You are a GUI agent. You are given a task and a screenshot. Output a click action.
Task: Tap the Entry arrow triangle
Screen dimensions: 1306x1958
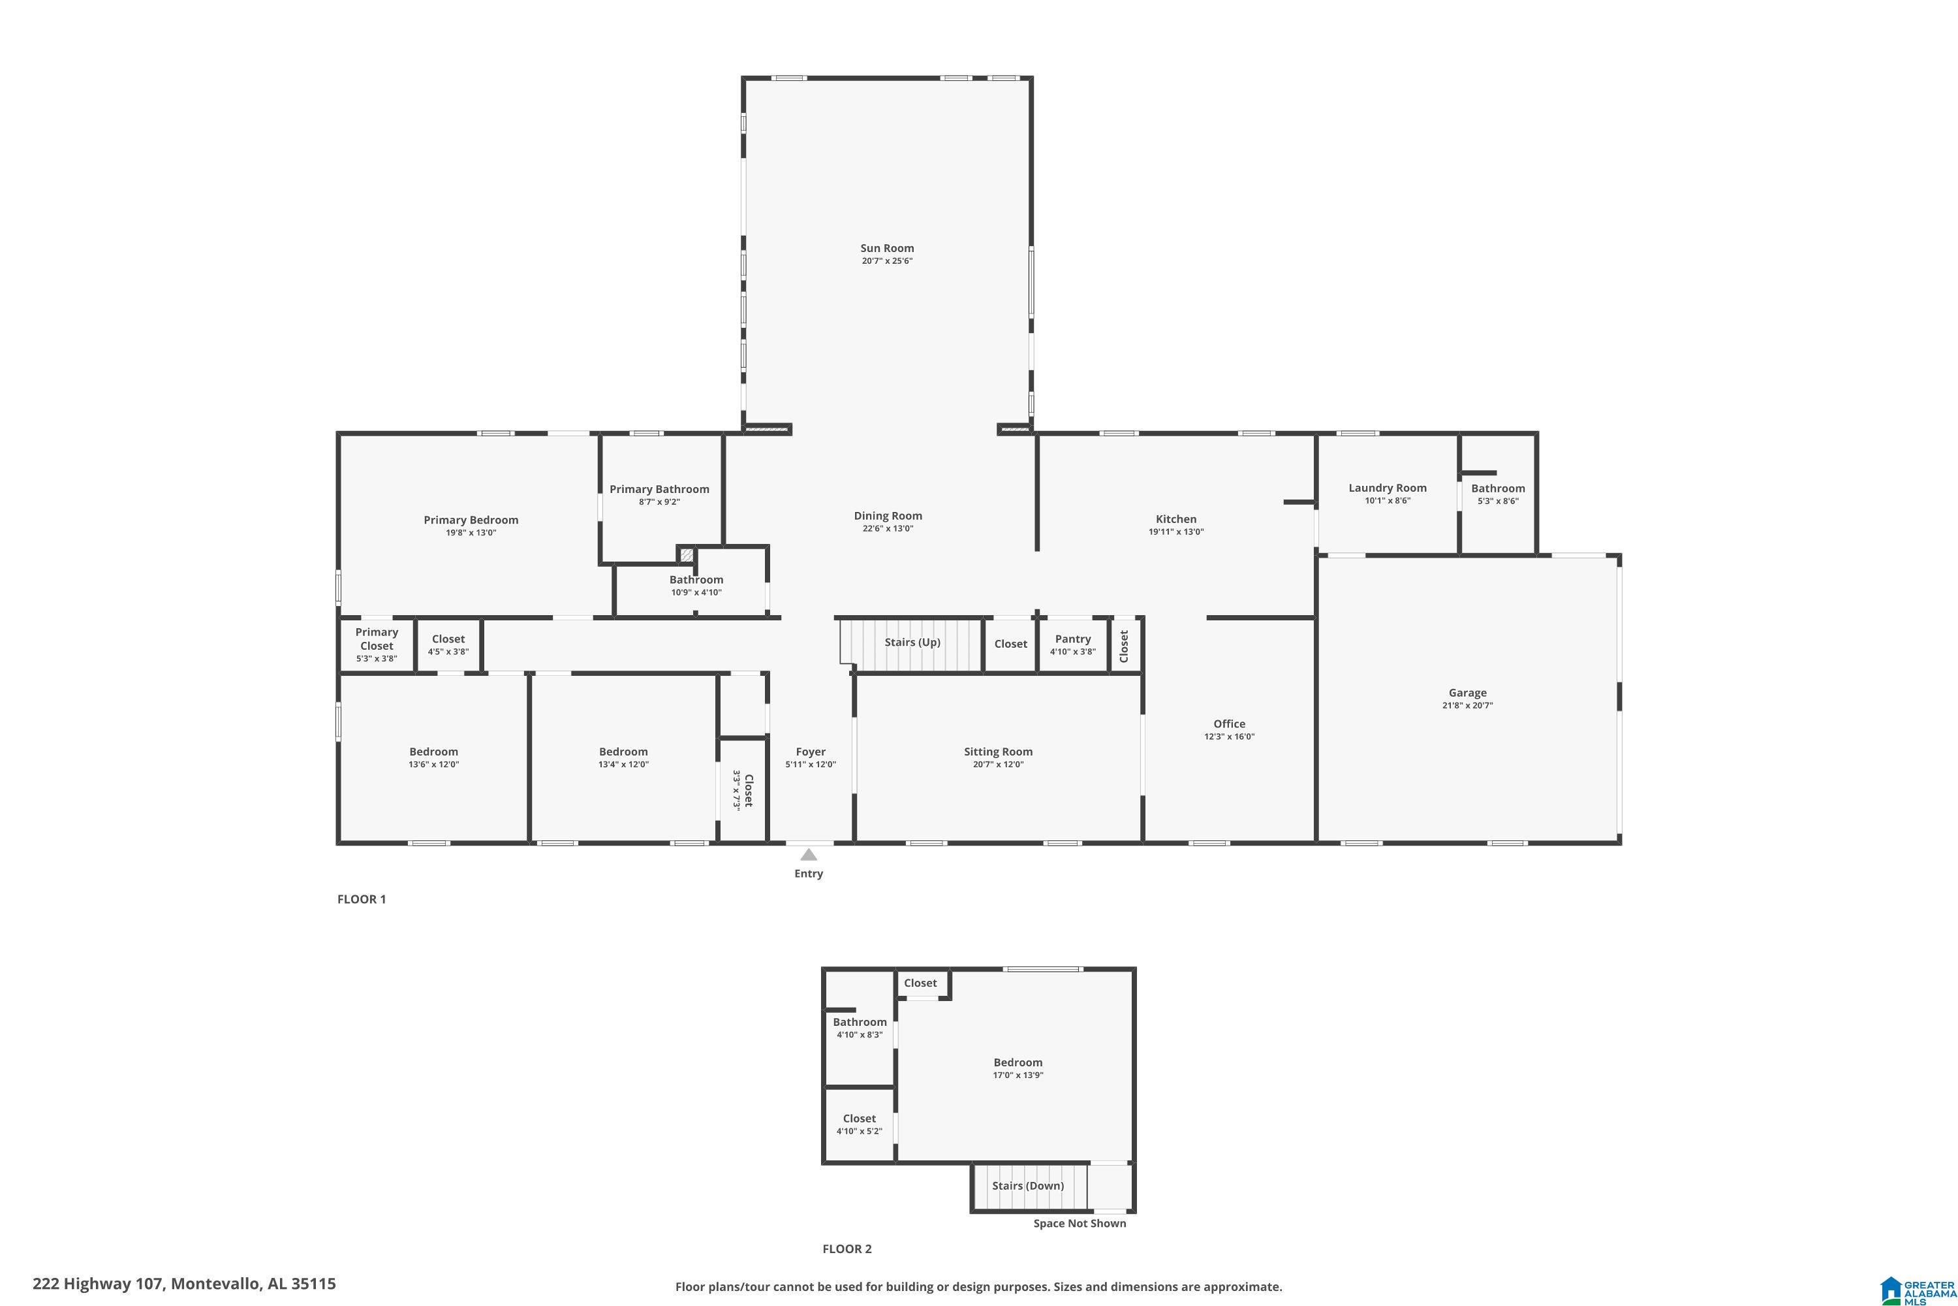point(809,855)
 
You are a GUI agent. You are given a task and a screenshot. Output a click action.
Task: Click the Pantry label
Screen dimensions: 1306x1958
point(1072,639)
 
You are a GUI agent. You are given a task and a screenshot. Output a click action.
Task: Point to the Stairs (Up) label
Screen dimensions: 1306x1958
point(912,642)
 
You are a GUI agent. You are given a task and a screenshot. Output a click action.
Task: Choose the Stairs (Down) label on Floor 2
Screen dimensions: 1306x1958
point(1027,1186)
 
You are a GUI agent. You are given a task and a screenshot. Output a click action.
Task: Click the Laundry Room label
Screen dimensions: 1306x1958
point(1387,488)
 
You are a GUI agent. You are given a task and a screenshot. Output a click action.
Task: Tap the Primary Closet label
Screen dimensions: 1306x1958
point(377,639)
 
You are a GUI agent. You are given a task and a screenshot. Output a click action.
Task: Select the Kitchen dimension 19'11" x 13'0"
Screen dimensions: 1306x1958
point(1175,532)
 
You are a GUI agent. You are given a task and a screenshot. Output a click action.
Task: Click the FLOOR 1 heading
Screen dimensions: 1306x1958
point(362,900)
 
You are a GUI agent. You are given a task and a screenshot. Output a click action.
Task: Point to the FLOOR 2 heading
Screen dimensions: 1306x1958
point(847,1249)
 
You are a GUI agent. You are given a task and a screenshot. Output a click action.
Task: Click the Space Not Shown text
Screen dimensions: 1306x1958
point(1079,1224)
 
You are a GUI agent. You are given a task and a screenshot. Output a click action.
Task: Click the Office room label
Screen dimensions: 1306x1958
point(1229,724)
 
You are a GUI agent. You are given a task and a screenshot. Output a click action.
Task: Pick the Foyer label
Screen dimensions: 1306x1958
point(810,752)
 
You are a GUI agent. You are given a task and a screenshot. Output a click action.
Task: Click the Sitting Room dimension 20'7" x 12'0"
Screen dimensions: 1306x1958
point(997,765)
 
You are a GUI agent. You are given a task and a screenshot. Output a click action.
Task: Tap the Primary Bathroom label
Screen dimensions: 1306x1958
point(659,489)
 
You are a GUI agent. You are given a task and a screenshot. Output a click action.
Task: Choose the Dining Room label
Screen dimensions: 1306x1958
point(888,516)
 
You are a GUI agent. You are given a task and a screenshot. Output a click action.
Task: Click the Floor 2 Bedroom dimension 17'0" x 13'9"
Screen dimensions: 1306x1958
point(1018,1075)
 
